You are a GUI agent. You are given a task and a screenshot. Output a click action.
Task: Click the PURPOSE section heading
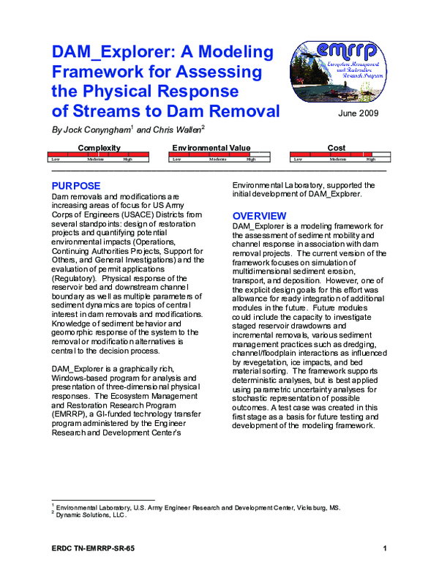click(80, 186)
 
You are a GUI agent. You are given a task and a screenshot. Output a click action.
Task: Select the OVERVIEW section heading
click(259, 216)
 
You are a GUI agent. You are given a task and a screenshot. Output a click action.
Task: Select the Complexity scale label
click(99, 148)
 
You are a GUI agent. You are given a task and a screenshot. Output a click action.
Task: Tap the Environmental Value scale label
click(211, 148)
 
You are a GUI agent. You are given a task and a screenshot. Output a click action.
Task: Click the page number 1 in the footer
click(384, 548)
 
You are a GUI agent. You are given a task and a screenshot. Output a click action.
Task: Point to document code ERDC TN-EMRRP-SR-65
click(93, 548)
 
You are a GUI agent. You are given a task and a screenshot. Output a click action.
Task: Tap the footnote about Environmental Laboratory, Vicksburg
click(198, 507)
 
